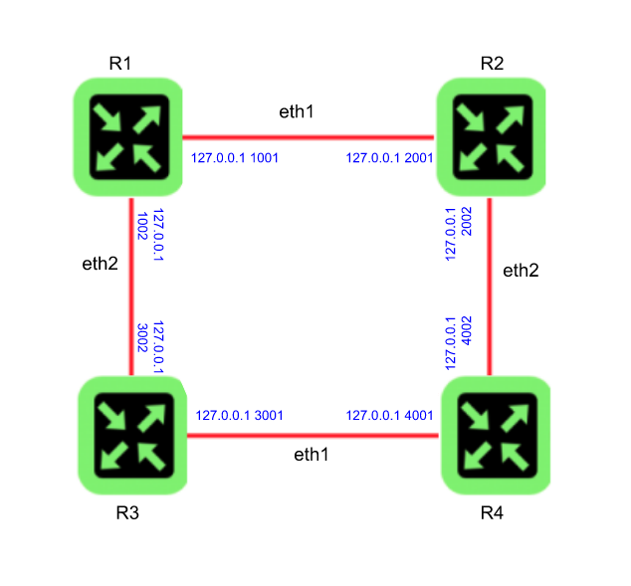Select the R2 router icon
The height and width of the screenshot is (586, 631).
pos(491,137)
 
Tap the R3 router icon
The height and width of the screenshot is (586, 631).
pos(132,435)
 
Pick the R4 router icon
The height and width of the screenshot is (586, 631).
pos(494,435)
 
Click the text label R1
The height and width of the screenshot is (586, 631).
pos(120,64)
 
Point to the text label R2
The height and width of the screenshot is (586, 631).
pos(492,64)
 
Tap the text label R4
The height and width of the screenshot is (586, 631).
pos(492,513)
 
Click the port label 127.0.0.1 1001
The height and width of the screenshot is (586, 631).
pos(235,158)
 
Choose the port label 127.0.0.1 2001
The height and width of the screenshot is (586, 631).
pos(389,158)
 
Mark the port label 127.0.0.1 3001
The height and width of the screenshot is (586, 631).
pos(240,416)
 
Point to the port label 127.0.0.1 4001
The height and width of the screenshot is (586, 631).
pos(389,416)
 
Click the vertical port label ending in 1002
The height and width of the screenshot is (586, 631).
pos(149,234)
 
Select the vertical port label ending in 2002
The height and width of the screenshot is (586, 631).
pos(458,234)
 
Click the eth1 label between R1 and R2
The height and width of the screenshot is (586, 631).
pos(297,111)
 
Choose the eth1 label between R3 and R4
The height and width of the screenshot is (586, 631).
pos(312,455)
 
